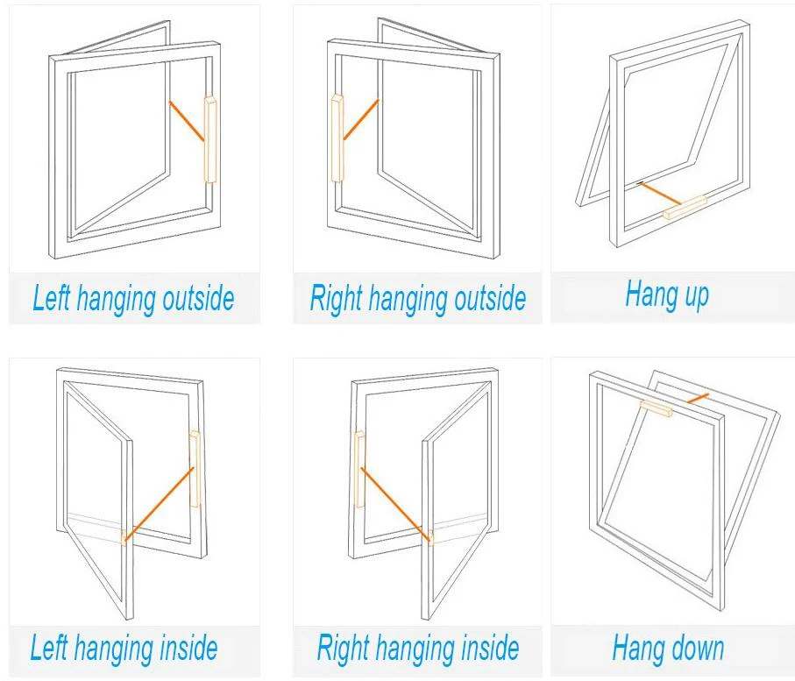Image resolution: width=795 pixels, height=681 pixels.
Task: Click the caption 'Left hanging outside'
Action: pyautogui.click(x=133, y=299)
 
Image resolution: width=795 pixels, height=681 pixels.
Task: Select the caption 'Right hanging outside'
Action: pyautogui.click(x=417, y=299)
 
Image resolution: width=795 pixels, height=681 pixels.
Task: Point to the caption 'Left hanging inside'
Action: pyautogui.click(x=124, y=649)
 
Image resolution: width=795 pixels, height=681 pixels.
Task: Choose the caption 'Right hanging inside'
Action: pyautogui.click(x=417, y=649)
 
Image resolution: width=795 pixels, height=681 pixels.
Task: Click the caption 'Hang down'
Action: pyautogui.click(x=668, y=649)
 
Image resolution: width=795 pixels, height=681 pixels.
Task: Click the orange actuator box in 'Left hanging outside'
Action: pyautogui.click(x=210, y=139)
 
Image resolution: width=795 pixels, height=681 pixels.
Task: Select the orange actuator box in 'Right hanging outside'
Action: pyautogui.click(x=337, y=138)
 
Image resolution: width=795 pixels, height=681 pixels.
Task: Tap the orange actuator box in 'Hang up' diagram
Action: pyautogui.click(x=685, y=208)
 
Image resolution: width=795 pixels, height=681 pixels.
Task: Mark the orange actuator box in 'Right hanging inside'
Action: pyautogui.click(x=358, y=469)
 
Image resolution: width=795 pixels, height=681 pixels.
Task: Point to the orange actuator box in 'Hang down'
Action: pyautogui.click(x=657, y=408)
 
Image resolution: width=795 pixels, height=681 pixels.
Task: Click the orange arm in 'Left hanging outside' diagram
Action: pyautogui.click(x=187, y=121)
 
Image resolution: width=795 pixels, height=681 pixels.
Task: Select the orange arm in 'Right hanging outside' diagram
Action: pyautogui.click(x=360, y=120)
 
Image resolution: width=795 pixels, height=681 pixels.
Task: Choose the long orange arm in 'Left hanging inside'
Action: pyautogui.click(x=160, y=503)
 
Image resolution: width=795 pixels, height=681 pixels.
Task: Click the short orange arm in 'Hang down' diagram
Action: pyautogui.click(x=698, y=399)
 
